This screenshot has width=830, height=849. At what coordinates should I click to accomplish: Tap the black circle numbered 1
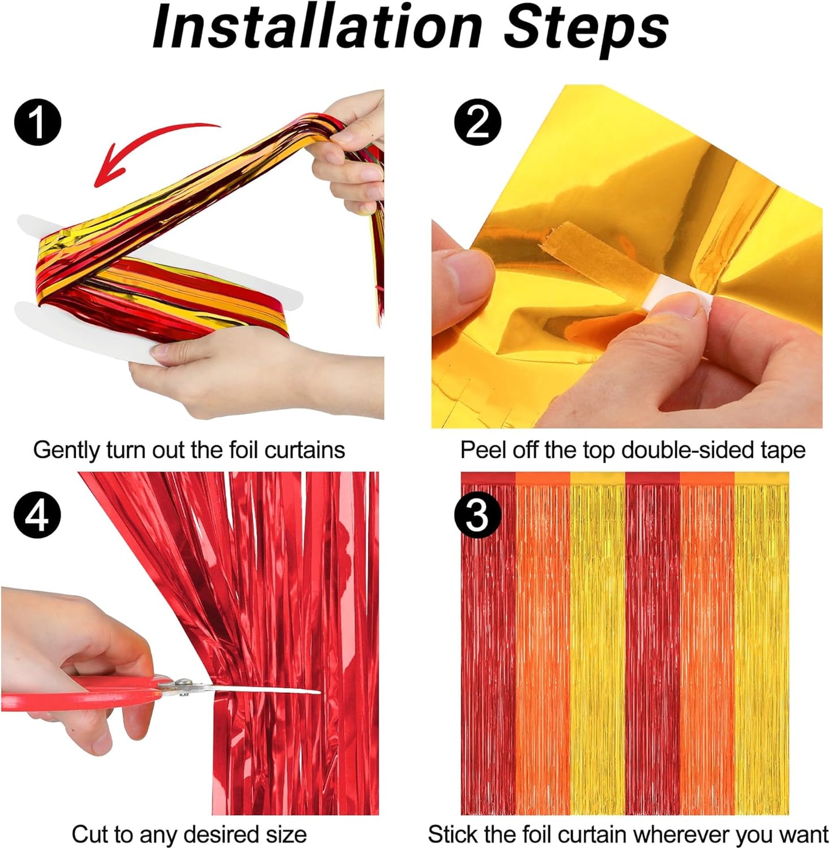tap(37, 122)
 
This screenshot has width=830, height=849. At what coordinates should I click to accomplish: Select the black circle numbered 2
tap(477, 122)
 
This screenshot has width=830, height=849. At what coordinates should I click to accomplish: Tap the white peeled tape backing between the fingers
tap(663, 293)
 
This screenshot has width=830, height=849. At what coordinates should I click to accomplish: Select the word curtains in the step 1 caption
tap(305, 450)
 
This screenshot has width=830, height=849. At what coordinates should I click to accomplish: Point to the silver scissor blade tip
tap(320, 692)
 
